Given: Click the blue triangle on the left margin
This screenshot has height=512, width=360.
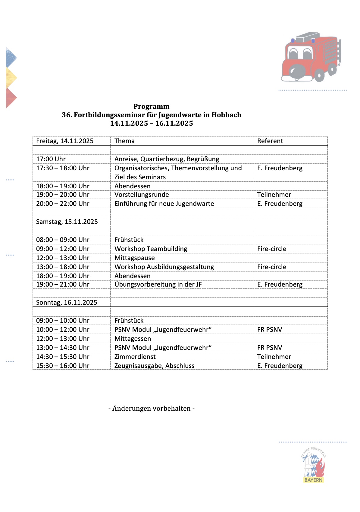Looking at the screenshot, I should (11, 57).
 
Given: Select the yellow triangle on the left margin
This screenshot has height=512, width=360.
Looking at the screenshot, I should (11, 77).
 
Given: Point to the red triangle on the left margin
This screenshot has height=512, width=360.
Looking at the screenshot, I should (11, 98).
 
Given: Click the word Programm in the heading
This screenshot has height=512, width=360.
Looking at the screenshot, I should (151, 106).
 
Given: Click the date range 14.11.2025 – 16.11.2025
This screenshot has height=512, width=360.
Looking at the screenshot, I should (151, 123).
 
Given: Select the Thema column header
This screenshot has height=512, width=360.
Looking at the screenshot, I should (124, 141).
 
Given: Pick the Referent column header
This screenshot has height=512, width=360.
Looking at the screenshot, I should (270, 141).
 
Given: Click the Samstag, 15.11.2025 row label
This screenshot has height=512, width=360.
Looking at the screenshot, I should (67, 221).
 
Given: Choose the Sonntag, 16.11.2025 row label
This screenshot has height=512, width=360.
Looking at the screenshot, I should (67, 302).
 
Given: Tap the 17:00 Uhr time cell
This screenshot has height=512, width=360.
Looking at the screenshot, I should (51, 159).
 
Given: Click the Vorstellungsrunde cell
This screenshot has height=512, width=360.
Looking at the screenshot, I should (142, 194).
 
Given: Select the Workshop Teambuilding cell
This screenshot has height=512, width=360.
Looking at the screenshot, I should (151, 249).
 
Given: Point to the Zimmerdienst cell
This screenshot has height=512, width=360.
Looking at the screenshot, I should (135, 357).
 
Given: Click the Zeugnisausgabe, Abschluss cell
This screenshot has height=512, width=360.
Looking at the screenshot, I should (154, 366).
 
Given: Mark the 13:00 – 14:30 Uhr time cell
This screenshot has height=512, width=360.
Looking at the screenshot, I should (63, 347).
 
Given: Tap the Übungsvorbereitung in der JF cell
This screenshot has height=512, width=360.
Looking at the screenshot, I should (158, 284).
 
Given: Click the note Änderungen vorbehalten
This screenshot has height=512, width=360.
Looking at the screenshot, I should (151, 408).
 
